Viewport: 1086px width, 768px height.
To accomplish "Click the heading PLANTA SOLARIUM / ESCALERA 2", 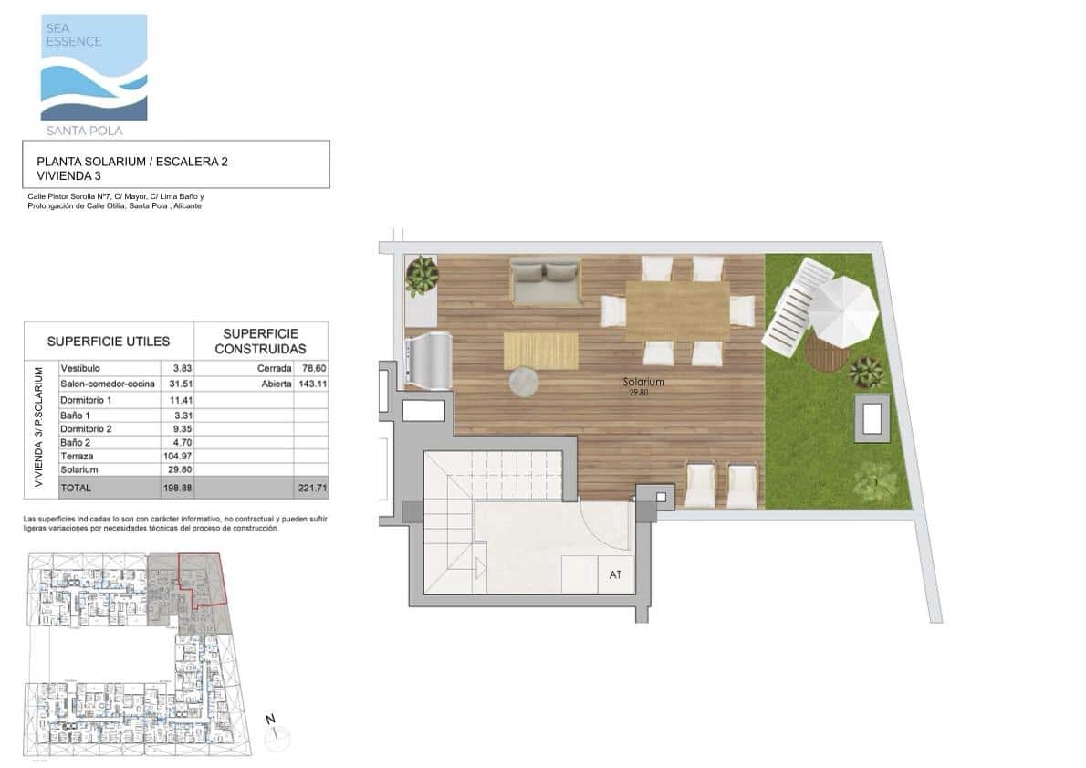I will pyautogui.click(x=131, y=162).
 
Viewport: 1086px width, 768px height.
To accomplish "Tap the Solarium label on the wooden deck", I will pyautogui.click(x=643, y=382).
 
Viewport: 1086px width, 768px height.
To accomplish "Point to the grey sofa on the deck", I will pyautogui.click(x=546, y=282).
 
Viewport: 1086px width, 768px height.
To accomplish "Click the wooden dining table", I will pyautogui.click(x=677, y=310).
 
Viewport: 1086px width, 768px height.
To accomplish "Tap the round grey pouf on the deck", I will pyautogui.click(x=524, y=382).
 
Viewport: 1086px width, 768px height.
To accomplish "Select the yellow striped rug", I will pyautogui.click(x=540, y=351).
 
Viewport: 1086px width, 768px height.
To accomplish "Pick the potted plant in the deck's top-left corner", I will pyautogui.click(x=422, y=276).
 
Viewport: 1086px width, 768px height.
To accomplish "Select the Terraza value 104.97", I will pyautogui.click(x=172, y=455).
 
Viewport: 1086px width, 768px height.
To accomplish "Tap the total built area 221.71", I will pyautogui.click(x=311, y=489).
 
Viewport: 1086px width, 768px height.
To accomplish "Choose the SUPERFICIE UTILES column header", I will pyautogui.click(x=109, y=342).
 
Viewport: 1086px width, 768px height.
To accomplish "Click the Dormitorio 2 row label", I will pyautogui.click(x=86, y=427).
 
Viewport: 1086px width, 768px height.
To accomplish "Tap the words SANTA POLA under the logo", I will pyautogui.click(x=90, y=131).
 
